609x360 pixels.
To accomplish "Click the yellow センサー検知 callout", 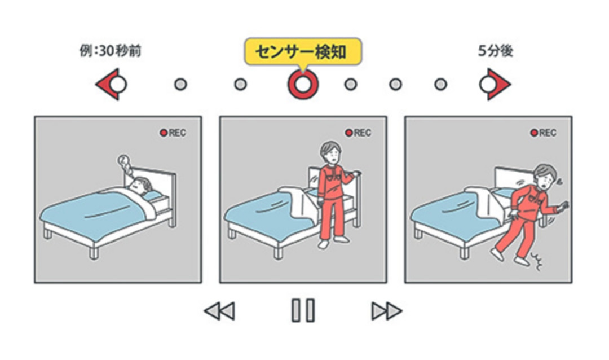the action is click(303, 51).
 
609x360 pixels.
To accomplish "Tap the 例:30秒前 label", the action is click(111, 51).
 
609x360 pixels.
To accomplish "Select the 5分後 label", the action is click(495, 51).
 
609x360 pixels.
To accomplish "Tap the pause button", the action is click(303, 310).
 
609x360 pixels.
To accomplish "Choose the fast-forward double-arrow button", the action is click(386, 311).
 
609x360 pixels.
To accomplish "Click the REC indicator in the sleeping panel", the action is click(173, 133).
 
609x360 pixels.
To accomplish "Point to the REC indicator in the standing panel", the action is click(359, 133).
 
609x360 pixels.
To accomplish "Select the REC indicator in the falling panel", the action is click(544, 133).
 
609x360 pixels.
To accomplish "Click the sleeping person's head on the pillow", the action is click(140, 185).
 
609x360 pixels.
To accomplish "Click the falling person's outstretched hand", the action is click(563, 207).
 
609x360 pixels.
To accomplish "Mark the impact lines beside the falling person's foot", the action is click(537, 261).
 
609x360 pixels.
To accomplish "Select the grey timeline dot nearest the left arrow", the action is click(180, 85).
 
